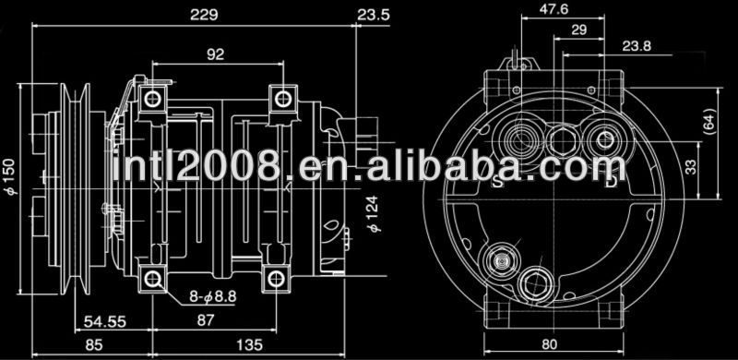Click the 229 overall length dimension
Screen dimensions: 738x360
(204, 15)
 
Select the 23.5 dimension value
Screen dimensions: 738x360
(374, 15)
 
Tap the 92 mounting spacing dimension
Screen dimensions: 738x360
(216, 54)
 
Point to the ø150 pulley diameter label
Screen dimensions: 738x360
(11, 176)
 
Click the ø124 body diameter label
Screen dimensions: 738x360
(375, 214)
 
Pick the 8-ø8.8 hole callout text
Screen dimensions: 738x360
(213, 297)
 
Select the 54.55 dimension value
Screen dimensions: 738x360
(105, 322)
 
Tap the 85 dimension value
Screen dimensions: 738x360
(94, 345)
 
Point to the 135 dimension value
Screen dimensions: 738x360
(249, 345)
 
